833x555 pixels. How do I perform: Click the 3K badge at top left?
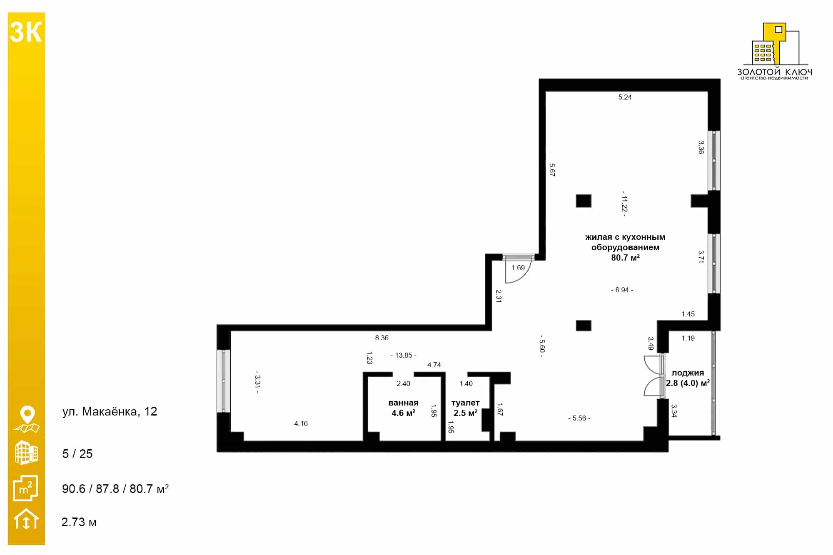26,32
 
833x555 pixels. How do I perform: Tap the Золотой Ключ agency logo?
774,51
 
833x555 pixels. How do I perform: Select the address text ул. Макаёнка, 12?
110,412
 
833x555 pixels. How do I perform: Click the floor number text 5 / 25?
77,454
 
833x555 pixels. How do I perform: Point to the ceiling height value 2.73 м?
79,522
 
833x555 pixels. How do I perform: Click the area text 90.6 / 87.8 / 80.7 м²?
115,488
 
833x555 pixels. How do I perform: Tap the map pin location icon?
27,419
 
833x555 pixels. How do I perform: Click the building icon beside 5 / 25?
26,453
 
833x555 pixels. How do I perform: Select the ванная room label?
403,403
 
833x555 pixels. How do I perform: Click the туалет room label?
465,403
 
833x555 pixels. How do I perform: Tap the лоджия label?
688,373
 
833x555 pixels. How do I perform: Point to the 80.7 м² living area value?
625,258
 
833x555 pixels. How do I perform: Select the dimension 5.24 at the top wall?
625,97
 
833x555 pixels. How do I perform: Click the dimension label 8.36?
382,338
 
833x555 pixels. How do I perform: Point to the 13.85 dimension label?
404,355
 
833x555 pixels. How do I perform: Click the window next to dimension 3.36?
714,161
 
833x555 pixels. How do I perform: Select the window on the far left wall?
224,381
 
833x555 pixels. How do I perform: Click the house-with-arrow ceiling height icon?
26,519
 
